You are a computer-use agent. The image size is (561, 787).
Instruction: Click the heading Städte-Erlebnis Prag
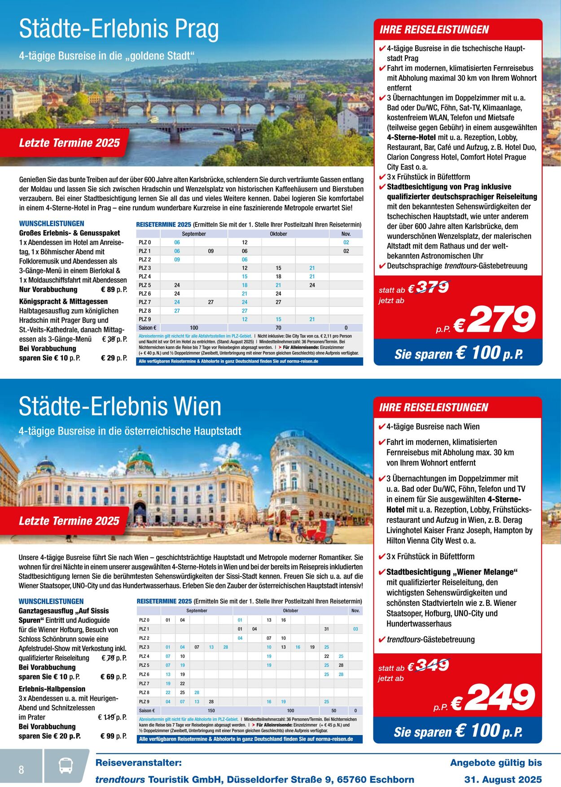click(119, 29)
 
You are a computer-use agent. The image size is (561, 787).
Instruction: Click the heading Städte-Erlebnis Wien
click(120, 407)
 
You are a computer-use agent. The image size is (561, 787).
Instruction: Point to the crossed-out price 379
click(433, 287)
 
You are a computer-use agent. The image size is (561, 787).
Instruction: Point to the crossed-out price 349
click(432, 665)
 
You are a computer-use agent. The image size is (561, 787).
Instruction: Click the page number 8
click(21, 770)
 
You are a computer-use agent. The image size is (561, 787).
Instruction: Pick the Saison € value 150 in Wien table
click(211, 710)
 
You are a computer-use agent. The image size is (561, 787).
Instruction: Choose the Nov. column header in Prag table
click(346, 234)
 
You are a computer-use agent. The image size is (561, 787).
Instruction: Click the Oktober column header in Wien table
click(290, 611)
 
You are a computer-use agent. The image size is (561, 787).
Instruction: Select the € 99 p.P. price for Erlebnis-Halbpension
click(113, 736)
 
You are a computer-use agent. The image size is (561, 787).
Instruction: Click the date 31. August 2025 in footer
click(503, 779)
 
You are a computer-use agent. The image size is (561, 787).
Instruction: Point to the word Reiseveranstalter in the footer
click(139, 763)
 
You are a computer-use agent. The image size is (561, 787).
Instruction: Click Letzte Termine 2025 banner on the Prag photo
click(70, 143)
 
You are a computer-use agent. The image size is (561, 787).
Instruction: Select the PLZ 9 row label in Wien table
click(145, 701)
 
